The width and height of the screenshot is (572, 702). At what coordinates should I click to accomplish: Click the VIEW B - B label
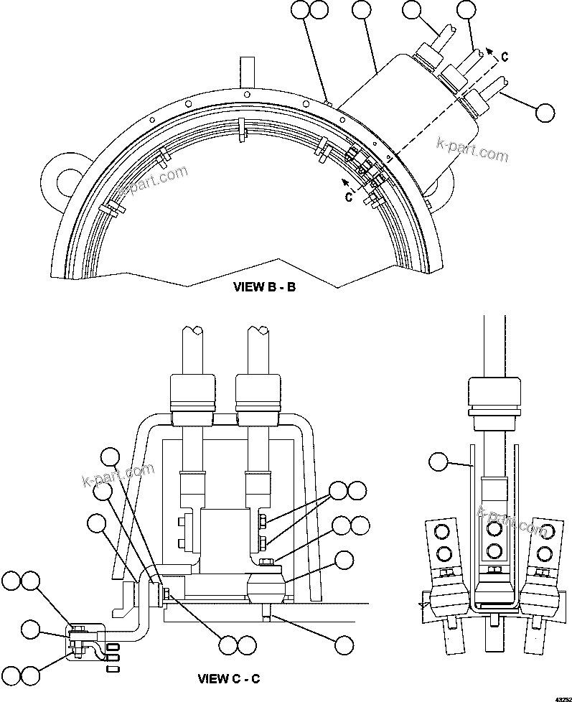point(264,286)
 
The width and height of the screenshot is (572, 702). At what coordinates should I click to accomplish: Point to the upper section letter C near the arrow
point(505,55)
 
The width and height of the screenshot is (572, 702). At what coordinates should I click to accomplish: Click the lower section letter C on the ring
point(349,197)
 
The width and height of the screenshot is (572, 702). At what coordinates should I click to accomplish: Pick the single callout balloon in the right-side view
point(438,463)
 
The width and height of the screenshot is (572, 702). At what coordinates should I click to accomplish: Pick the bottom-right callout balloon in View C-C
point(346,644)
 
